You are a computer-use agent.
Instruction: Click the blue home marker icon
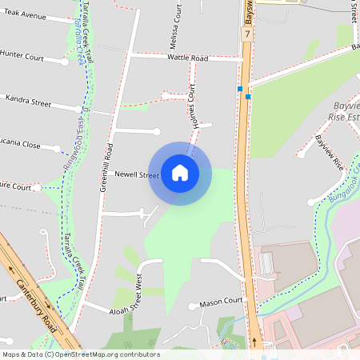click(x=180, y=173)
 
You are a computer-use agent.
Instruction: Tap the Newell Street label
click(x=137, y=174)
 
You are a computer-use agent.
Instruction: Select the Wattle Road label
click(x=187, y=58)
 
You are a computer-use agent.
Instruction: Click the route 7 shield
click(x=248, y=34)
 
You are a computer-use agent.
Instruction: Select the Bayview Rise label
click(x=329, y=153)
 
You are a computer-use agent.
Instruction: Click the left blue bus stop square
click(x=239, y=88)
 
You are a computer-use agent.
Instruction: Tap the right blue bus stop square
click(x=248, y=97)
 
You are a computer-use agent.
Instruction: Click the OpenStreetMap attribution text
click(x=81, y=354)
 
